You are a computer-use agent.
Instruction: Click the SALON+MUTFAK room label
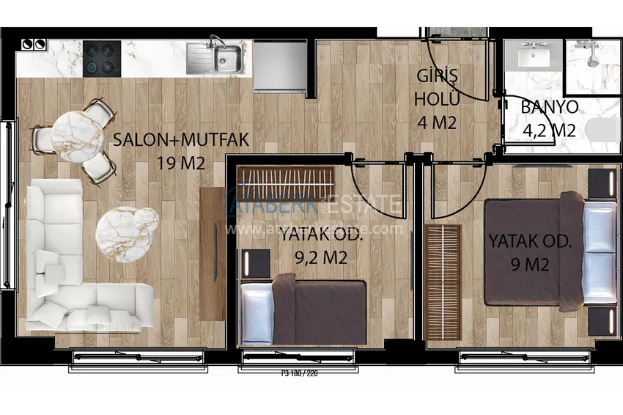tap(181, 139)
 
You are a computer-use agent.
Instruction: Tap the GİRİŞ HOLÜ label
tap(437, 87)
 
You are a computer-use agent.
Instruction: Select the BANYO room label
tap(549, 107)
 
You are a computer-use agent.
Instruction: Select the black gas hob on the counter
tap(101, 57)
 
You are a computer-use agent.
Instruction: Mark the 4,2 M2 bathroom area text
tap(549, 131)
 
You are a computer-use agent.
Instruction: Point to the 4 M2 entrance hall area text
tap(437, 122)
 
